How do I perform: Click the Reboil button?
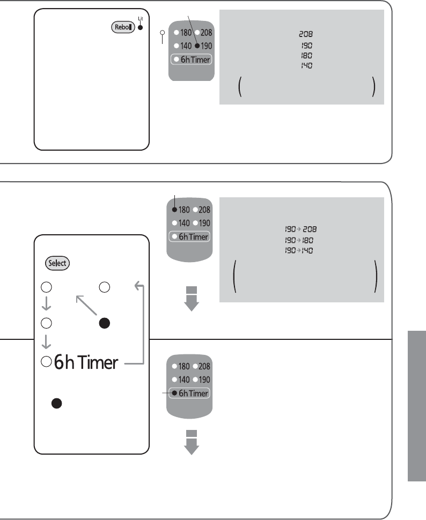[x=122, y=27]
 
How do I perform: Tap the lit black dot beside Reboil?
[x=140, y=27]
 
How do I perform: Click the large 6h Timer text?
[x=85, y=363]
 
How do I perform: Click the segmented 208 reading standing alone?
[x=304, y=34]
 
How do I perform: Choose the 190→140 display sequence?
[x=299, y=250]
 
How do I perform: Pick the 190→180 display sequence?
[x=299, y=240]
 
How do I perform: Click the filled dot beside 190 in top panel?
[x=197, y=46]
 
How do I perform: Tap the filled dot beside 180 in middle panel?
[x=174, y=210]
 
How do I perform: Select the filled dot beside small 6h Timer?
[x=174, y=393]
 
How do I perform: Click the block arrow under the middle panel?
[x=192, y=299]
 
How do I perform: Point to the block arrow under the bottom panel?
[x=192, y=442]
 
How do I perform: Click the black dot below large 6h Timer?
[x=55, y=404]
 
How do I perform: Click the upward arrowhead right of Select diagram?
[x=138, y=286]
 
